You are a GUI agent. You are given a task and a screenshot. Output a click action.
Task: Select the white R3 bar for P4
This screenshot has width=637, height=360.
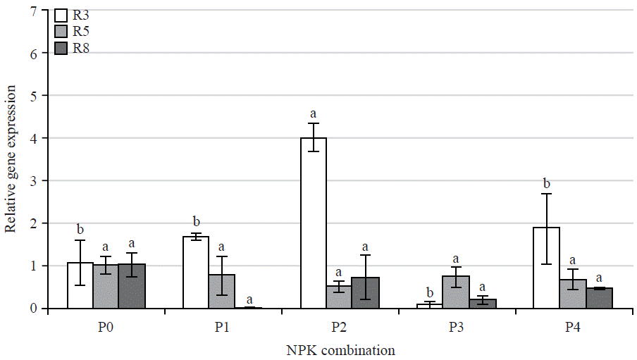[x=546, y=268]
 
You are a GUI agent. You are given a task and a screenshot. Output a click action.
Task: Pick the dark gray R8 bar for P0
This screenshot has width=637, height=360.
[x=132, y=286]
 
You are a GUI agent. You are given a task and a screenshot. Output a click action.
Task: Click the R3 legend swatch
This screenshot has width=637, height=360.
[x=61, y=15]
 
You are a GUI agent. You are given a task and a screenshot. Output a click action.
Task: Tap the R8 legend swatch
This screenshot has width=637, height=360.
[x=61, y=48]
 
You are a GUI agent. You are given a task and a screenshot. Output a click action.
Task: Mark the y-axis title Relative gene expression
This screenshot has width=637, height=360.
[x=11, y=159]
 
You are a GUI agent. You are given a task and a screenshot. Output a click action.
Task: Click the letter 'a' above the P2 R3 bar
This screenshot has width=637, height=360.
[x=313, y=113]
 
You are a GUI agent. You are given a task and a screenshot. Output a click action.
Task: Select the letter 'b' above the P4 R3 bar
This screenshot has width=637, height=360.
[x=546, y=184]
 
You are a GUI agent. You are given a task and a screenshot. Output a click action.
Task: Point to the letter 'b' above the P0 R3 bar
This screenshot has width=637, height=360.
[x=80, y=229]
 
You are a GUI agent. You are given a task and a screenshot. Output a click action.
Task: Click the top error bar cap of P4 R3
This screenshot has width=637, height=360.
[x=546, y=194]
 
